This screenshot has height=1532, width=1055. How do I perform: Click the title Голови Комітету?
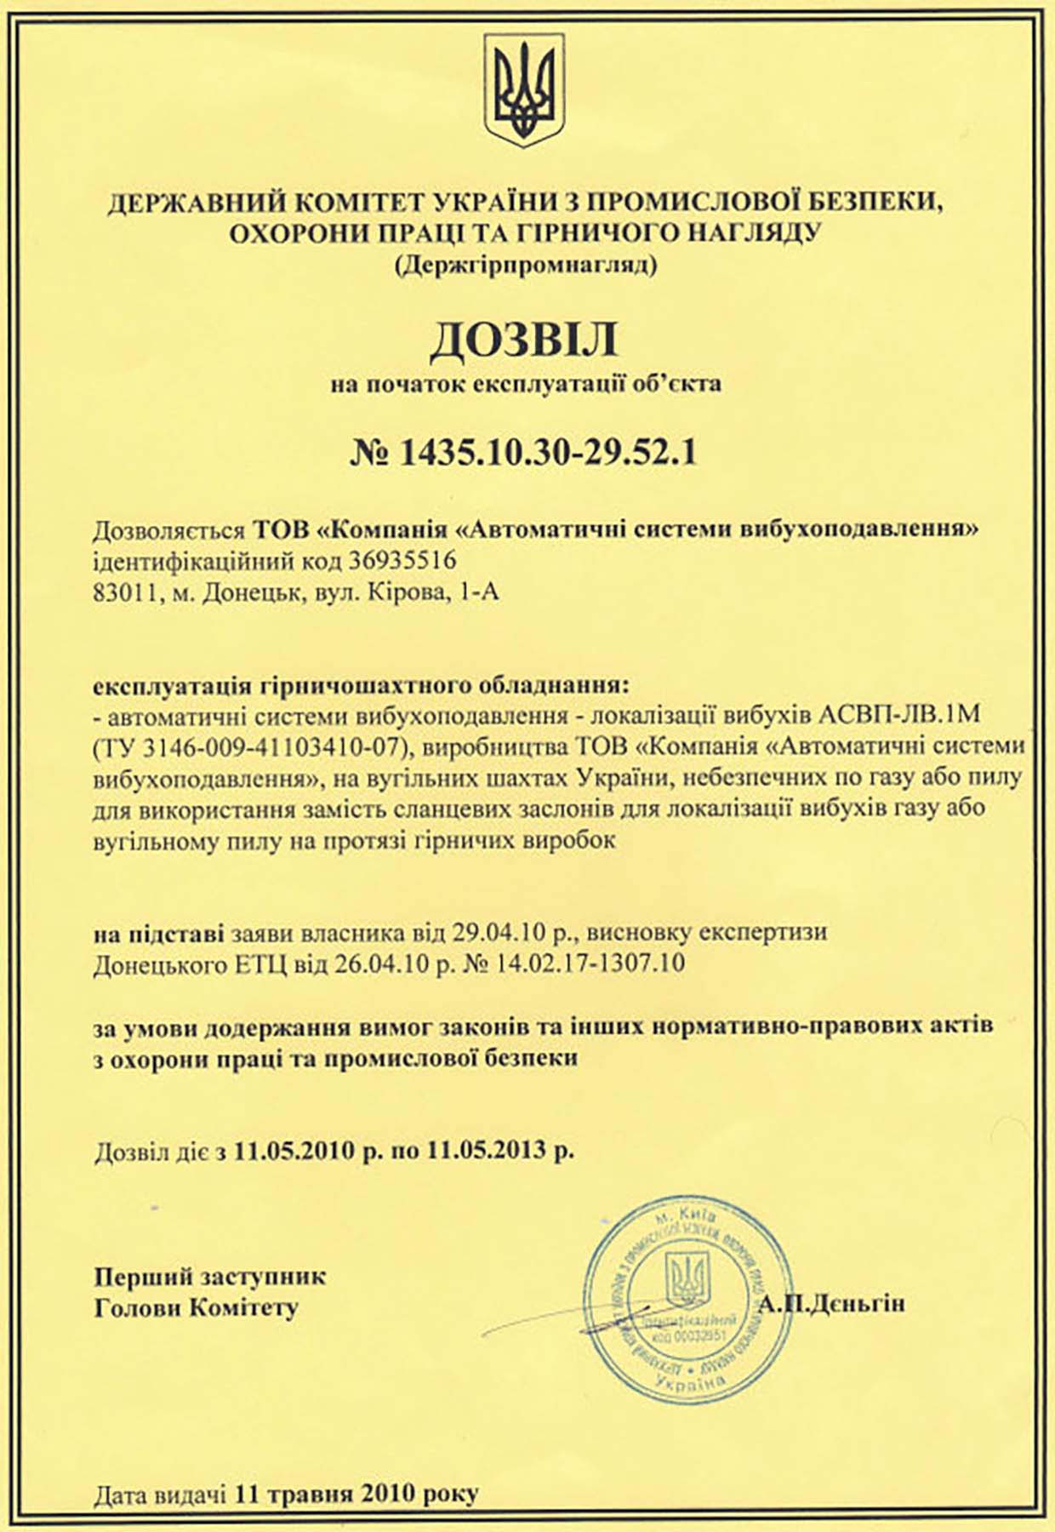click(x=197, y=1307)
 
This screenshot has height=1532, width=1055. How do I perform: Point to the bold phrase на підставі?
click(x=159, y=933)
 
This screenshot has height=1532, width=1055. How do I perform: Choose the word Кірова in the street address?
click(x=400, y=592)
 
